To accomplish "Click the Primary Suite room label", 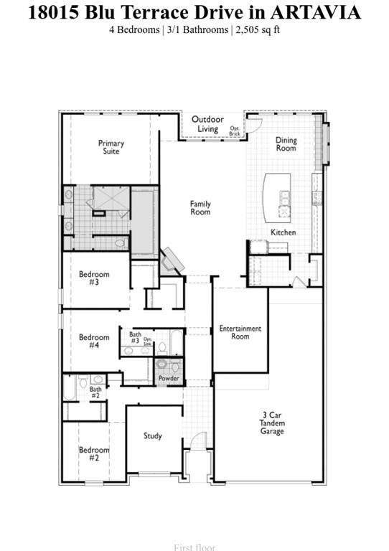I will (x=111, y=148).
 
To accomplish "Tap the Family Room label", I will (x=200, y=208).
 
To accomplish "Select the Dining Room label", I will (x=286, y=144).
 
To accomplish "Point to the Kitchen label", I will (x=283, y=232).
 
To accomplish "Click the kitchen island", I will (x=276, y=197).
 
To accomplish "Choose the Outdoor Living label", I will (x=207, y=124).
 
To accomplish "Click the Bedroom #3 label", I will (x=94, y=278).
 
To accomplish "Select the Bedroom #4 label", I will (x=94, y=342).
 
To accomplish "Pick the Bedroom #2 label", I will (x=94, y=454).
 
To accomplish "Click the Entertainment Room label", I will (x=240, y=333).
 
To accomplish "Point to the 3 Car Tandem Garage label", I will (x=272, y=423).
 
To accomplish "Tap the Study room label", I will (x=152, y=435).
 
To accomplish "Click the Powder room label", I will (x=169, y=379).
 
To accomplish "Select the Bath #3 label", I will (x=135, y=338).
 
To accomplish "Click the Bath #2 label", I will (x=95, y=392).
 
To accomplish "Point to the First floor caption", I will (x=194, y=547).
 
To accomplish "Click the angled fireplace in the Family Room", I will (x=172, y=260).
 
